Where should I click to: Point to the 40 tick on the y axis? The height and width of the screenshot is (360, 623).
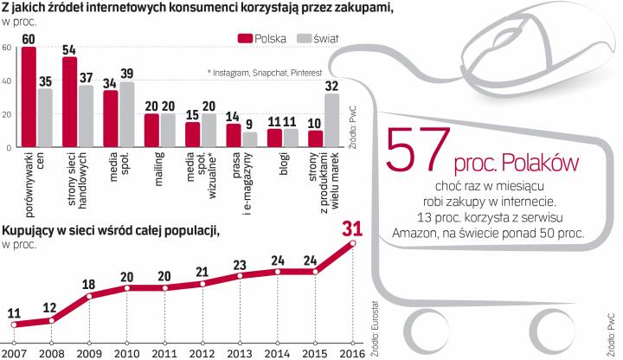[7, 80]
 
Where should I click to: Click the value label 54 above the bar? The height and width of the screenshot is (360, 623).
[70, 48]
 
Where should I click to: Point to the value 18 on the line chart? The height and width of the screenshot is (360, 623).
[88, 285]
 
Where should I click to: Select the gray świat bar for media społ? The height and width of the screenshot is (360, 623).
[127, 115]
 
